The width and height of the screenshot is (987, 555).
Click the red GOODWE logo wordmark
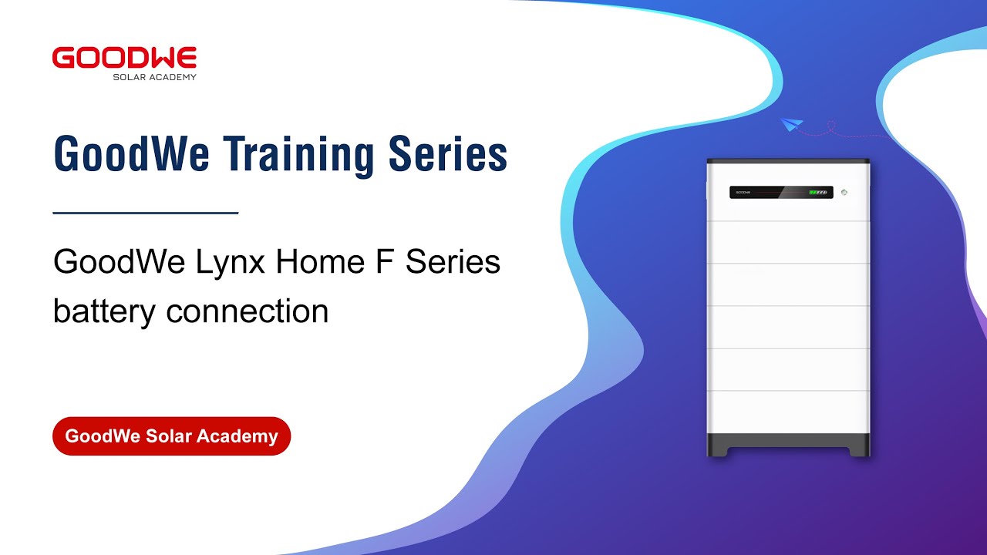point(124,59)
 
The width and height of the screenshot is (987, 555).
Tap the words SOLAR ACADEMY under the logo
point(154,77)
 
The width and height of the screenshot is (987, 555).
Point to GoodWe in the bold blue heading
point(131,153)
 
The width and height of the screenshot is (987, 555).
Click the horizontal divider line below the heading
point(145,213)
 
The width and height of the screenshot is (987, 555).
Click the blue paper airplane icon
point(791,124)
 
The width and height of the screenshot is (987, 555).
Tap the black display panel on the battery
point(780,192)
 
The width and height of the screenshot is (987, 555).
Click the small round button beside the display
point(844,192)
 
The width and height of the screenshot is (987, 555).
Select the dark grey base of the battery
point(788,445)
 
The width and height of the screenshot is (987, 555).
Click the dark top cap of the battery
point(788,161)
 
